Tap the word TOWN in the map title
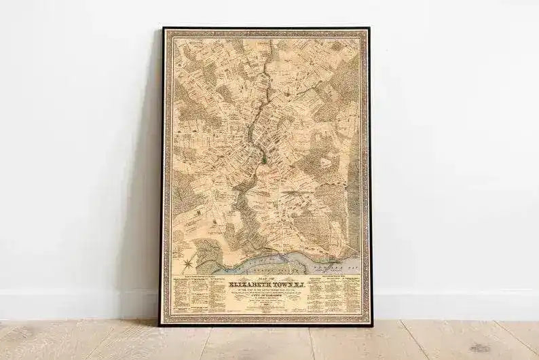pyautogui.click(x=281, y=285)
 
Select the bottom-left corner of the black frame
pyautogui.click(x=161, y=325)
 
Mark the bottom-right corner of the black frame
pyautogui.click(x=371, y=325)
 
